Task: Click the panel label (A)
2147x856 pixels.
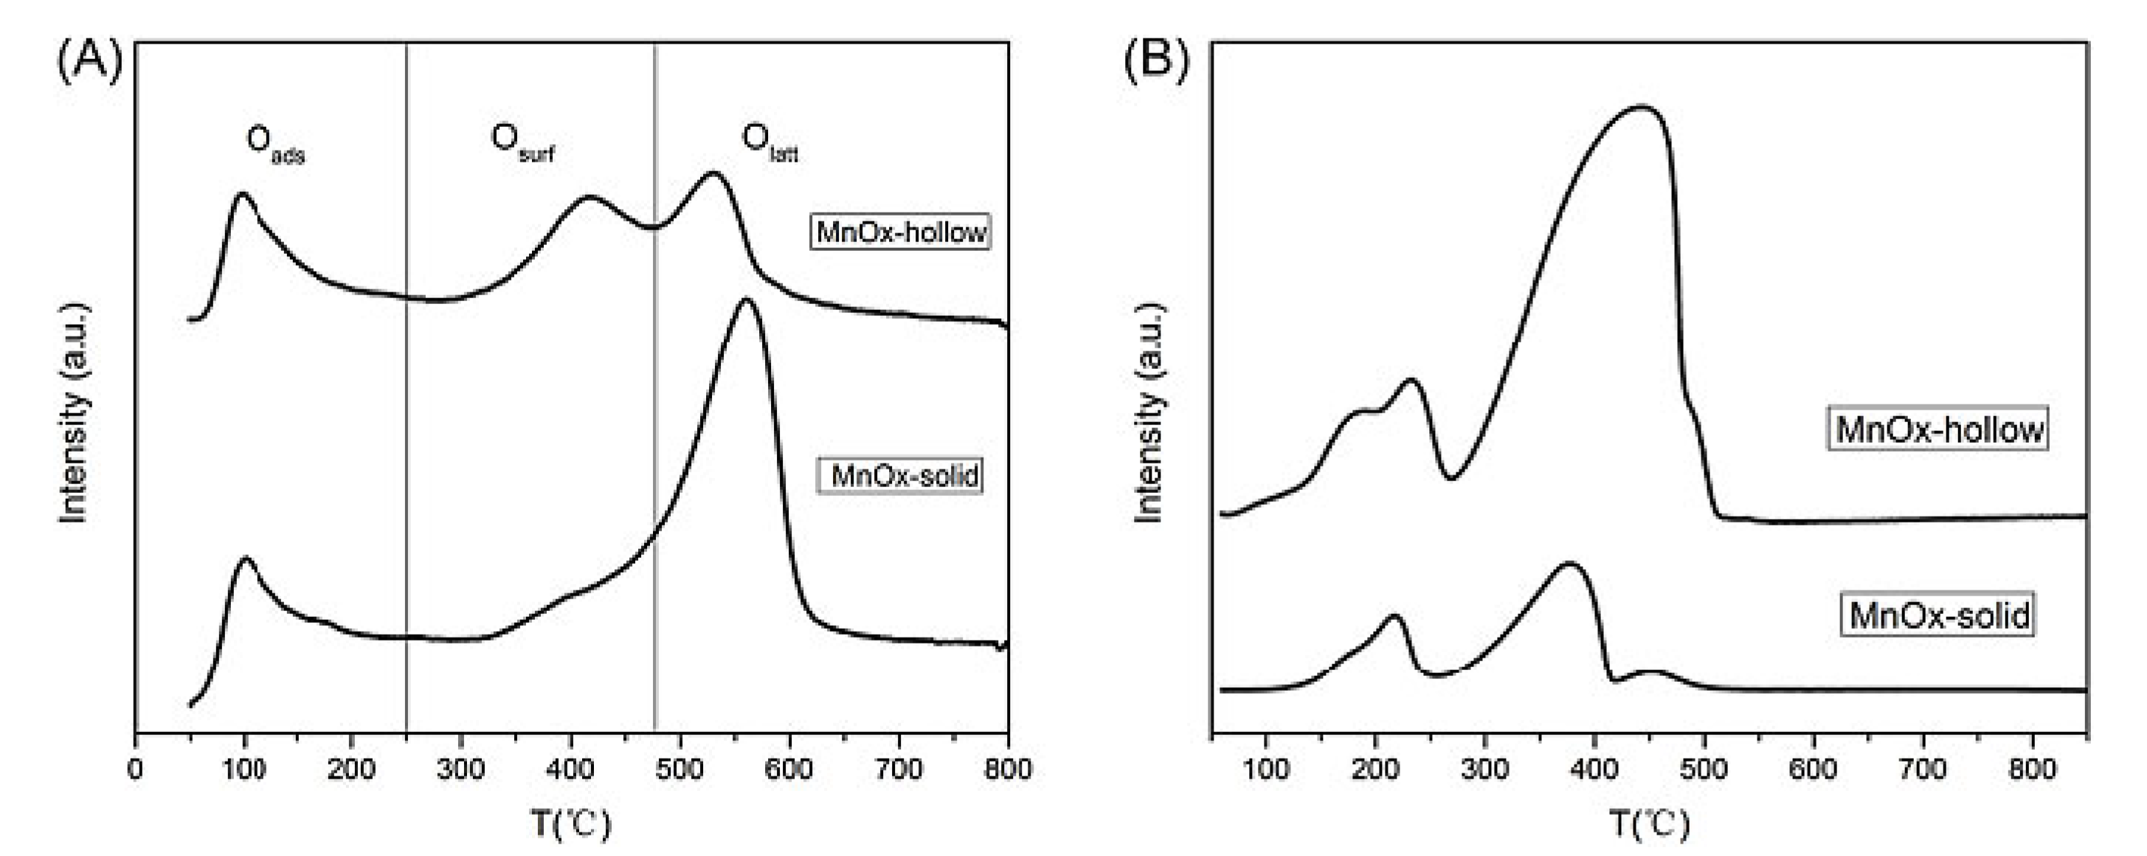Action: coord(89,61)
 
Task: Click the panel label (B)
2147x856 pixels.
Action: coord(1157,61)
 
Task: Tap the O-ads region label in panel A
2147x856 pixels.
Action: coord(274,143)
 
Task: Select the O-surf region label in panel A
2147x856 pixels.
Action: coord(522,142)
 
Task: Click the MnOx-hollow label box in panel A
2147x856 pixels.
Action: coord(901,232)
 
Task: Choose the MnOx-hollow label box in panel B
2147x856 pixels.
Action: coord(1939,429)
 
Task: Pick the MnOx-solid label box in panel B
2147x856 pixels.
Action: coord(1939,615)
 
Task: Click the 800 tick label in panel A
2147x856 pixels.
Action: coord(1007,768)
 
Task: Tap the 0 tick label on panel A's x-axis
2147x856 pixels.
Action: coord(136,768)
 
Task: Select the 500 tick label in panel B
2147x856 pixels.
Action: coord(1704,768)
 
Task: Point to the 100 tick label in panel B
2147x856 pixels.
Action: coord(1265,768)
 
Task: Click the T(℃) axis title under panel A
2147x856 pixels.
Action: coord(572,824)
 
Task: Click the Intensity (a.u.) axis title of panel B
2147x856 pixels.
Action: coord(1150,413)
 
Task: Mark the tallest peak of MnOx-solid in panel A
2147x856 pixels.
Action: coord(744,300)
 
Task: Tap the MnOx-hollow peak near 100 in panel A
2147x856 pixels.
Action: coord(243,194)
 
